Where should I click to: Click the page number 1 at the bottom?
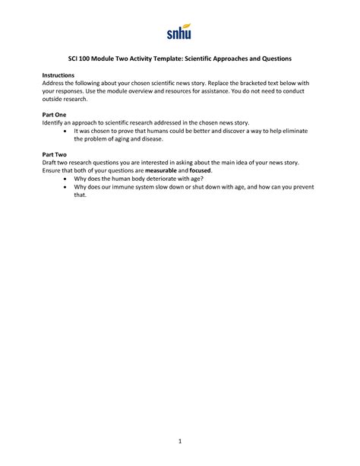point(180,440)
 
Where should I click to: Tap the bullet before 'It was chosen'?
point(66,131)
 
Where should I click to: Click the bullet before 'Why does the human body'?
point(66,179)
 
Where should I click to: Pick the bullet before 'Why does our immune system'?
point(66,188)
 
